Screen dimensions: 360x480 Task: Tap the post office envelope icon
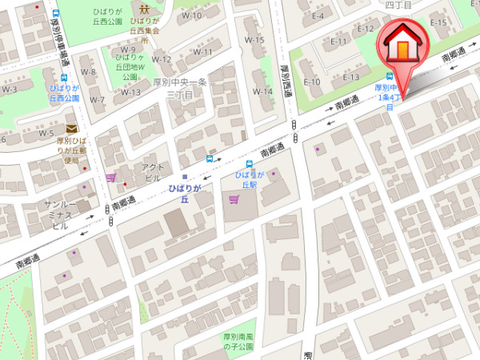tap(72, 129)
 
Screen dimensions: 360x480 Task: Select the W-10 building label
tap(191, 15)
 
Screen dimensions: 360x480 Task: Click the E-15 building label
tap(438, 22)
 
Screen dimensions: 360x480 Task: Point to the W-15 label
tap(254, 40)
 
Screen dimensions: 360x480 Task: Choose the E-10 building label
tap(312, 82)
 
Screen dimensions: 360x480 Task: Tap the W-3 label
tap(9, 89)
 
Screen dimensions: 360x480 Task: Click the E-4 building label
tap(318, 15)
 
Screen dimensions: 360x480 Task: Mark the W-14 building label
tap(263, 91)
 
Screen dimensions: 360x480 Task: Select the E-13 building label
tap(351, 77)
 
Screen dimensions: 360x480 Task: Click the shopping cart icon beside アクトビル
tap(110, 178)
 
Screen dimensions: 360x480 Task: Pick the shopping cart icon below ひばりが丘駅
tap(234, 199)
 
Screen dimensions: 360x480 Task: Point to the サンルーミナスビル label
tap(61, 215)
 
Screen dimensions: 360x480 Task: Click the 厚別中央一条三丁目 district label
tap(181, 88)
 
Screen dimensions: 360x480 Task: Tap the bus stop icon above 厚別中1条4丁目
tap(390, 77)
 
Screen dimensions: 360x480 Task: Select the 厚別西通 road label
tap(284, 79)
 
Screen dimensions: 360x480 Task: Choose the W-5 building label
tap(46, 133)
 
